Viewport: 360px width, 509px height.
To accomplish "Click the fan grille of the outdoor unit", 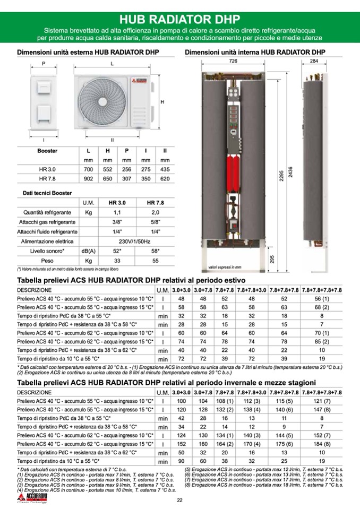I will [x=99, y=100].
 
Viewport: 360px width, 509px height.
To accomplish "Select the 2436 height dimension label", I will [x=290, y=172].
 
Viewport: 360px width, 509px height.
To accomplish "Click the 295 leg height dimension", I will [x=272, y=259].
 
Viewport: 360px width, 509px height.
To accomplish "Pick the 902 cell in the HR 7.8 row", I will [x=88, y=178].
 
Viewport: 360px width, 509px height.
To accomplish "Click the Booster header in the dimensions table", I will [x=47, y=151].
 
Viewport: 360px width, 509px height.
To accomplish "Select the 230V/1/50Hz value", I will [x=133, y=241].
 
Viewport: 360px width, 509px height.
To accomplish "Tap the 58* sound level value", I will [x=155, y=251].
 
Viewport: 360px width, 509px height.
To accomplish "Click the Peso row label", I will [x=47, y=261].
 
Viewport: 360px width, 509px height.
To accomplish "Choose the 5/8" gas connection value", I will [x=155, y=222].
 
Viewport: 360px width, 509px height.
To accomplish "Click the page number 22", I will [x=179, y=500].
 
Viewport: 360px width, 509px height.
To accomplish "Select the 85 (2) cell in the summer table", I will [x=321, y=341].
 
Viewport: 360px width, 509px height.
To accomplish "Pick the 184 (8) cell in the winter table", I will [x=321, y=444].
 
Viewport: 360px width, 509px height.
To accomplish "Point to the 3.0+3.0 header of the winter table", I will [x=181, y=392].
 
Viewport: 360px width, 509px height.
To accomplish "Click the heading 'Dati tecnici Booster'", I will [x=47, y=193].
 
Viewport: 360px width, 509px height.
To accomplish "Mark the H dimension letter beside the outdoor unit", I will [x=162, y=101].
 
